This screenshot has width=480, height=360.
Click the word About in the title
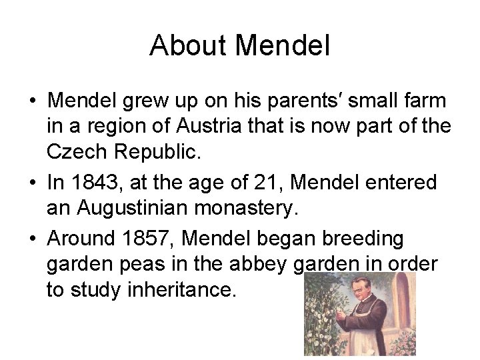(189, 45)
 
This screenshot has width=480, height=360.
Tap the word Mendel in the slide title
(283, 45)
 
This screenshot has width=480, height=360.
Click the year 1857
(149, 238)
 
